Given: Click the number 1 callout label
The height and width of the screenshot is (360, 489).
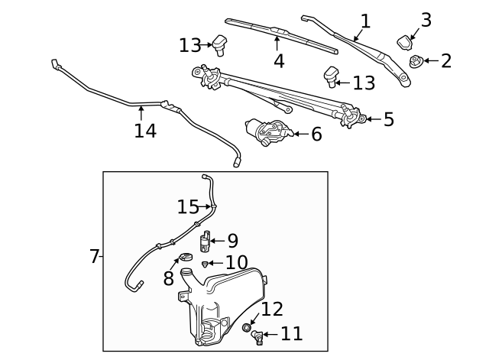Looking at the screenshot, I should [365, 21].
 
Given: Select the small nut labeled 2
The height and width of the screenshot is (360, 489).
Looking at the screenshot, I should [416, 62].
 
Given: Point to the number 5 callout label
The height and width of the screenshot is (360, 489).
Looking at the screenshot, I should [388, 119].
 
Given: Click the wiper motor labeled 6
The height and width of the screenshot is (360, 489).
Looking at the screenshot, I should [267, 132].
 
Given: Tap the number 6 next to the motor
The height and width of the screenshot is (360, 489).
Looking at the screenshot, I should [316, 135].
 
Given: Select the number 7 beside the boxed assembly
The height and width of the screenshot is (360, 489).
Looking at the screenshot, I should [95, 256].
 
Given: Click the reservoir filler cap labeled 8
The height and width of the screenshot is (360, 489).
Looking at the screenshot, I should [184, 258].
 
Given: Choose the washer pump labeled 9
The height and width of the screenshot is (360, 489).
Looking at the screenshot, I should [205, 242].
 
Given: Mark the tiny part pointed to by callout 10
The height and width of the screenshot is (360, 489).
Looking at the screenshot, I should [205, 264].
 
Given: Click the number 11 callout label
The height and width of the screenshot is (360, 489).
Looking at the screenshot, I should [291, 334].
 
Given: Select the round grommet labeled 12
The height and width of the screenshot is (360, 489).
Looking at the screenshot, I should [247, 328].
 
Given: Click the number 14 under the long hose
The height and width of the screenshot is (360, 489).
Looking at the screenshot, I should [145, 131].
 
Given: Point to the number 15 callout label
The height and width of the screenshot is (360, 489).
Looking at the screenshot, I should [188, 206].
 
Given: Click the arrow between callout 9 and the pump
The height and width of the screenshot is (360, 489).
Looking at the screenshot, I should [216, 241].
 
